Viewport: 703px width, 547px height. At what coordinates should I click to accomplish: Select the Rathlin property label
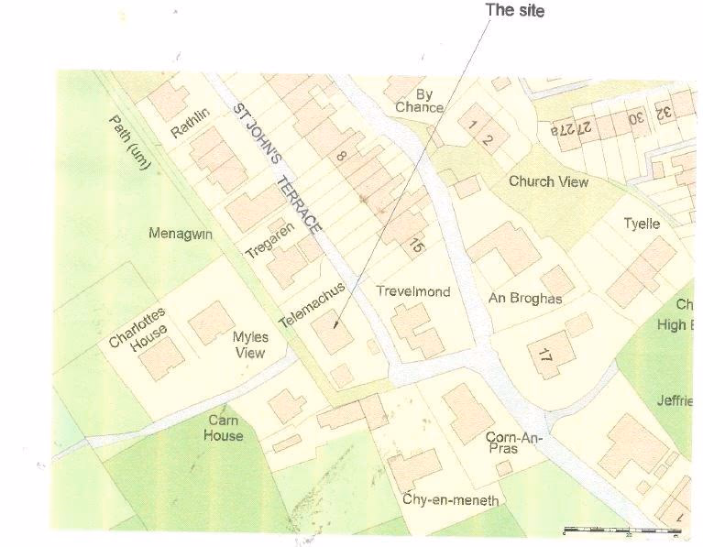click(x=191, y=124)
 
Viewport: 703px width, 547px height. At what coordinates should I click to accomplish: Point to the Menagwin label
click(x=181, y=234)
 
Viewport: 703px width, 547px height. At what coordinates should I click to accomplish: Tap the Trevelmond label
click(x=413, y=291)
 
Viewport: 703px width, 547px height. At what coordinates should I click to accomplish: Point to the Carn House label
click(x=224, y=428)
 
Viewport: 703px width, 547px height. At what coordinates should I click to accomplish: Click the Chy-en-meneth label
click(x=451, y=499)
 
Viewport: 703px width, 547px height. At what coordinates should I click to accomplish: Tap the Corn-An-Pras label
click(x=515, y=443)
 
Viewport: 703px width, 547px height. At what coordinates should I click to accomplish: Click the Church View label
click(x=548, y=181)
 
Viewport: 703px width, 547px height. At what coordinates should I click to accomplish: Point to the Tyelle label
click(x=642, y=224)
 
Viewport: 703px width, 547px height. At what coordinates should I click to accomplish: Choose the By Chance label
click(x=420, y=101)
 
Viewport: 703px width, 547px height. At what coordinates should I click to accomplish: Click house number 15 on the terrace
click(x=417, y=246)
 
